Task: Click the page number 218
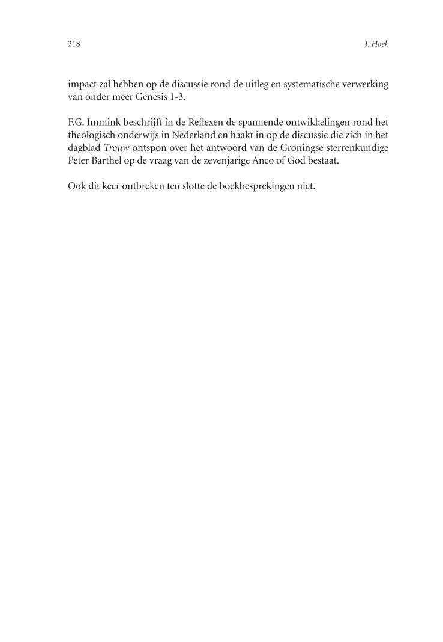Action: tap(74, 44)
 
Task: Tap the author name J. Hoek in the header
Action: tap(376, 44)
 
